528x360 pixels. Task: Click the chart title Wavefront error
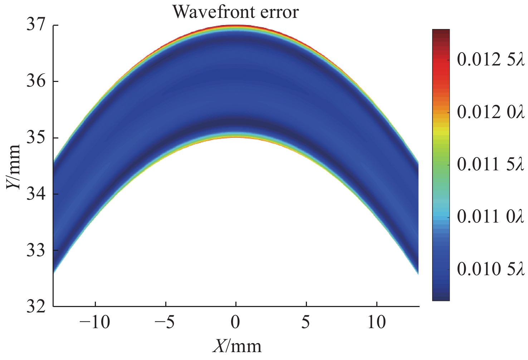235,12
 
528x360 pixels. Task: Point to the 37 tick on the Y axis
37,26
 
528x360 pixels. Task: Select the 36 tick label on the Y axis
37,82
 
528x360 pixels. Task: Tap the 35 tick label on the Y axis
37,138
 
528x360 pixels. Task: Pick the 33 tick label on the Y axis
37,250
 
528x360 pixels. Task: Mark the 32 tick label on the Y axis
37,306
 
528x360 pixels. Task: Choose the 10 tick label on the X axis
377,323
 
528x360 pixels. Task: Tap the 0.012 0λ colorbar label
490,113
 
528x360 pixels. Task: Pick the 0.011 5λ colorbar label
490,165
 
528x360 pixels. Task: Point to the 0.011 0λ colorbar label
490,217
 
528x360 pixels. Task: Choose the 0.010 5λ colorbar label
490,269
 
